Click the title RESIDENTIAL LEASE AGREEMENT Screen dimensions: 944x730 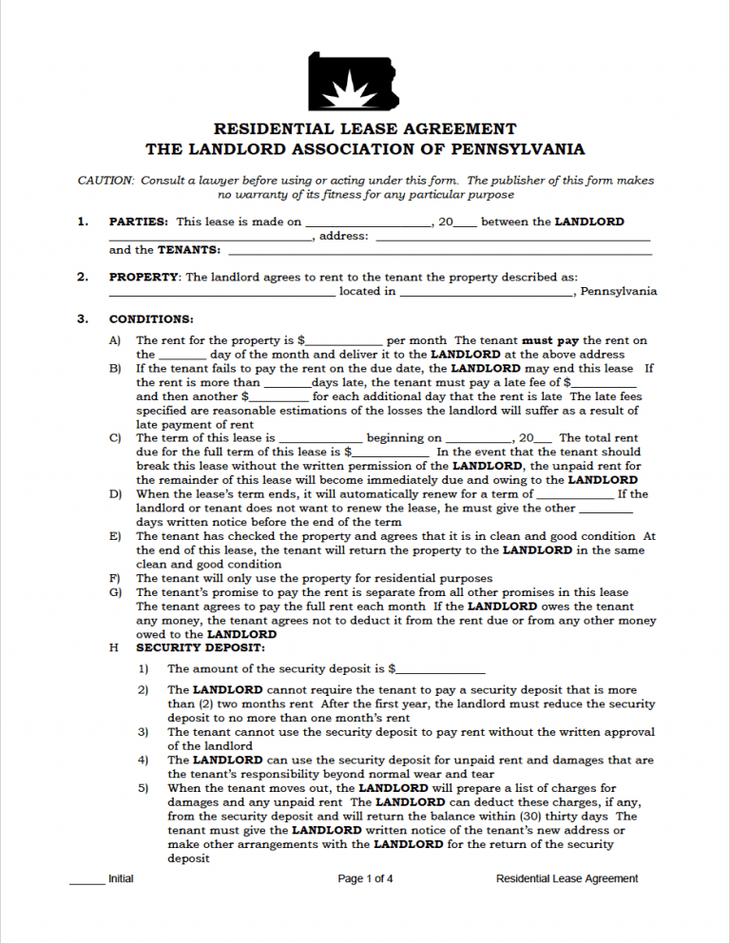(365, 128)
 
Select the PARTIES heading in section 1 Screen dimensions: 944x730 (139, 222)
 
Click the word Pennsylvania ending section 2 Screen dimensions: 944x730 (618, 292)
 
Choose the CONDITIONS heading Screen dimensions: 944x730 (151, 319)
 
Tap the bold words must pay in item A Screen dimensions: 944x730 (550, 340)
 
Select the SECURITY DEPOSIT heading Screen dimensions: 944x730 (187, 647)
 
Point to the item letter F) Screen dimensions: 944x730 (115, 578)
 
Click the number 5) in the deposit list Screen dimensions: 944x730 (143, 788)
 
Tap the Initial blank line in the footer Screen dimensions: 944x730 (86, 883)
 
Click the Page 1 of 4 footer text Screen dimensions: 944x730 (365, 879)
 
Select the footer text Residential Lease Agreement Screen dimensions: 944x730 (567, 879)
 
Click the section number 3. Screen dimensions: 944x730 (83, 319)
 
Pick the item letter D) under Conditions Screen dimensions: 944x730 (116, 494)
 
